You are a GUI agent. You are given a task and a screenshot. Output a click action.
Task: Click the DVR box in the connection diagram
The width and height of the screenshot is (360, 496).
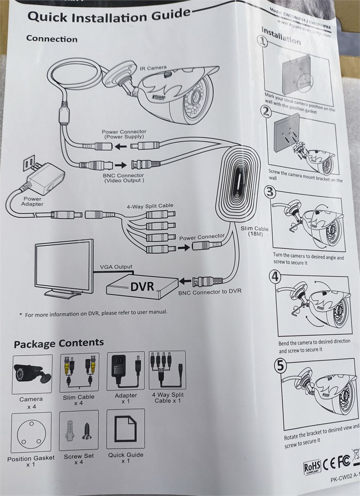[x=142, y=286]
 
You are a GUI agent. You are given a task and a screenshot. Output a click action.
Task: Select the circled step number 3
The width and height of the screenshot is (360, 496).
[x=269, y=192]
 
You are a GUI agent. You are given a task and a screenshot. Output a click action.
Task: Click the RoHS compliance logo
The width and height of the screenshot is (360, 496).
[x=312, y=468]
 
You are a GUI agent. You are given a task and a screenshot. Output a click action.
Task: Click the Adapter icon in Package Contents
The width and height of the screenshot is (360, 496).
[x=125, y=372]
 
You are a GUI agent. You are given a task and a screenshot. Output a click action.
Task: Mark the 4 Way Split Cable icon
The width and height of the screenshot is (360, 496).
[x=167, y=371]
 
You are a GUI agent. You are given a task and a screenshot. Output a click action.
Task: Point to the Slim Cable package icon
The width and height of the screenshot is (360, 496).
[x=79, y=372]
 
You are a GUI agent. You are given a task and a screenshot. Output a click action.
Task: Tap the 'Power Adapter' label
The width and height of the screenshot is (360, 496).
[x=32, y=201]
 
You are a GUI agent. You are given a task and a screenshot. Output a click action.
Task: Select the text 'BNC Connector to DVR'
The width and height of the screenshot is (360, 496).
[x=209, y=291]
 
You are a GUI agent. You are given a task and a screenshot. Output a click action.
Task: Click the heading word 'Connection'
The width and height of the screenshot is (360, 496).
[x=52, y=39]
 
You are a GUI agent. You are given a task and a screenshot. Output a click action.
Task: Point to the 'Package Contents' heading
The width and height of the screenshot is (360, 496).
[x=59, y=343]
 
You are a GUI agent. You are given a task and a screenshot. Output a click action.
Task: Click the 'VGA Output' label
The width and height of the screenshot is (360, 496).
[x=116, y=267]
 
